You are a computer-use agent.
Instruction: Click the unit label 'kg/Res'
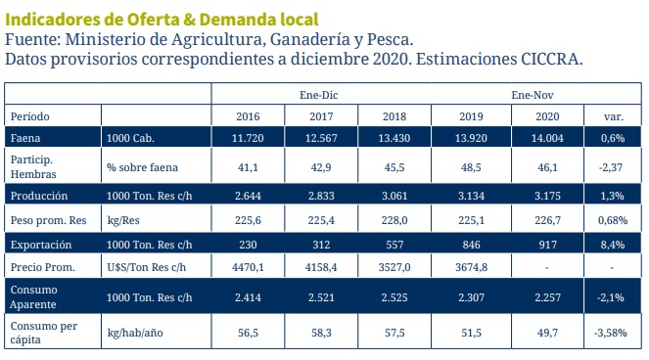[x=125, y=221]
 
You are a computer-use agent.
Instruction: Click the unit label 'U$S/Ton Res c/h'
[x=146, y=267]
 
